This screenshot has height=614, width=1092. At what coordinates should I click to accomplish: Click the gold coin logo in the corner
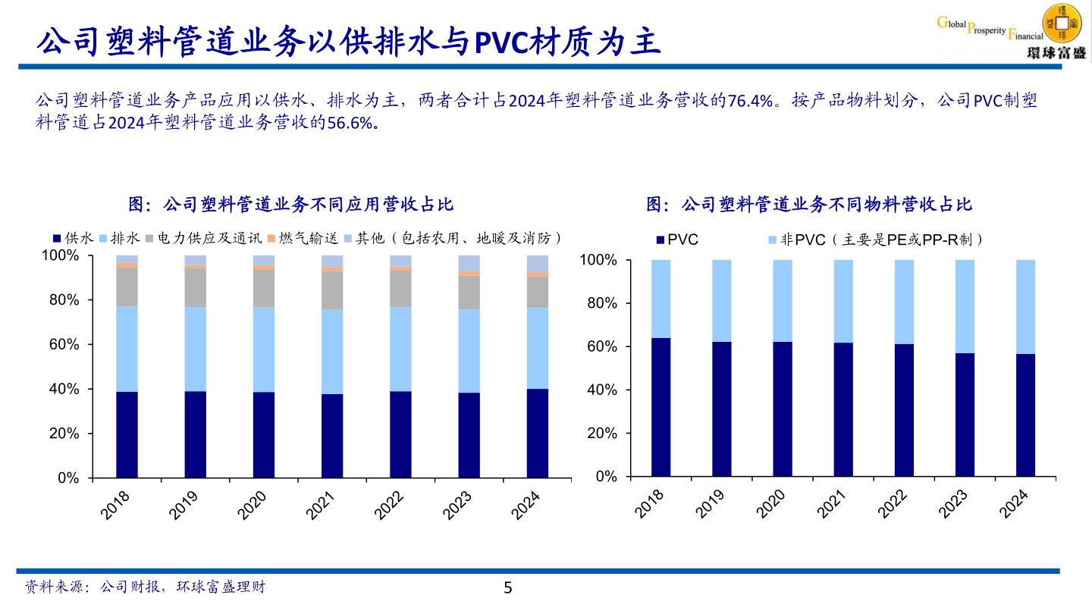[1064, 23]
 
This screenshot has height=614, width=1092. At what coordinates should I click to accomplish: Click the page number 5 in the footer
[508, 587]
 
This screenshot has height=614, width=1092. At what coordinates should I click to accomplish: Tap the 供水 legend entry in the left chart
[73, 238]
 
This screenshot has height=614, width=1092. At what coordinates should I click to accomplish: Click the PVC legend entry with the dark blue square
[677, 240]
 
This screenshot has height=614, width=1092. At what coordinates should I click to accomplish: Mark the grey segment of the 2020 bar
[264, 288]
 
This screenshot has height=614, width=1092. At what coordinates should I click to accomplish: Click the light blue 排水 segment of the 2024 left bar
[538, 348]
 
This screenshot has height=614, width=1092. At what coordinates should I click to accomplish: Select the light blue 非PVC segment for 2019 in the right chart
[722, 300]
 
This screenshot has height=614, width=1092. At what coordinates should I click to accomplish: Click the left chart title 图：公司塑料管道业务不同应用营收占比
[291, 205]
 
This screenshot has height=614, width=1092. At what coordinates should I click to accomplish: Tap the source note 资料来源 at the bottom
[145, 587]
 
